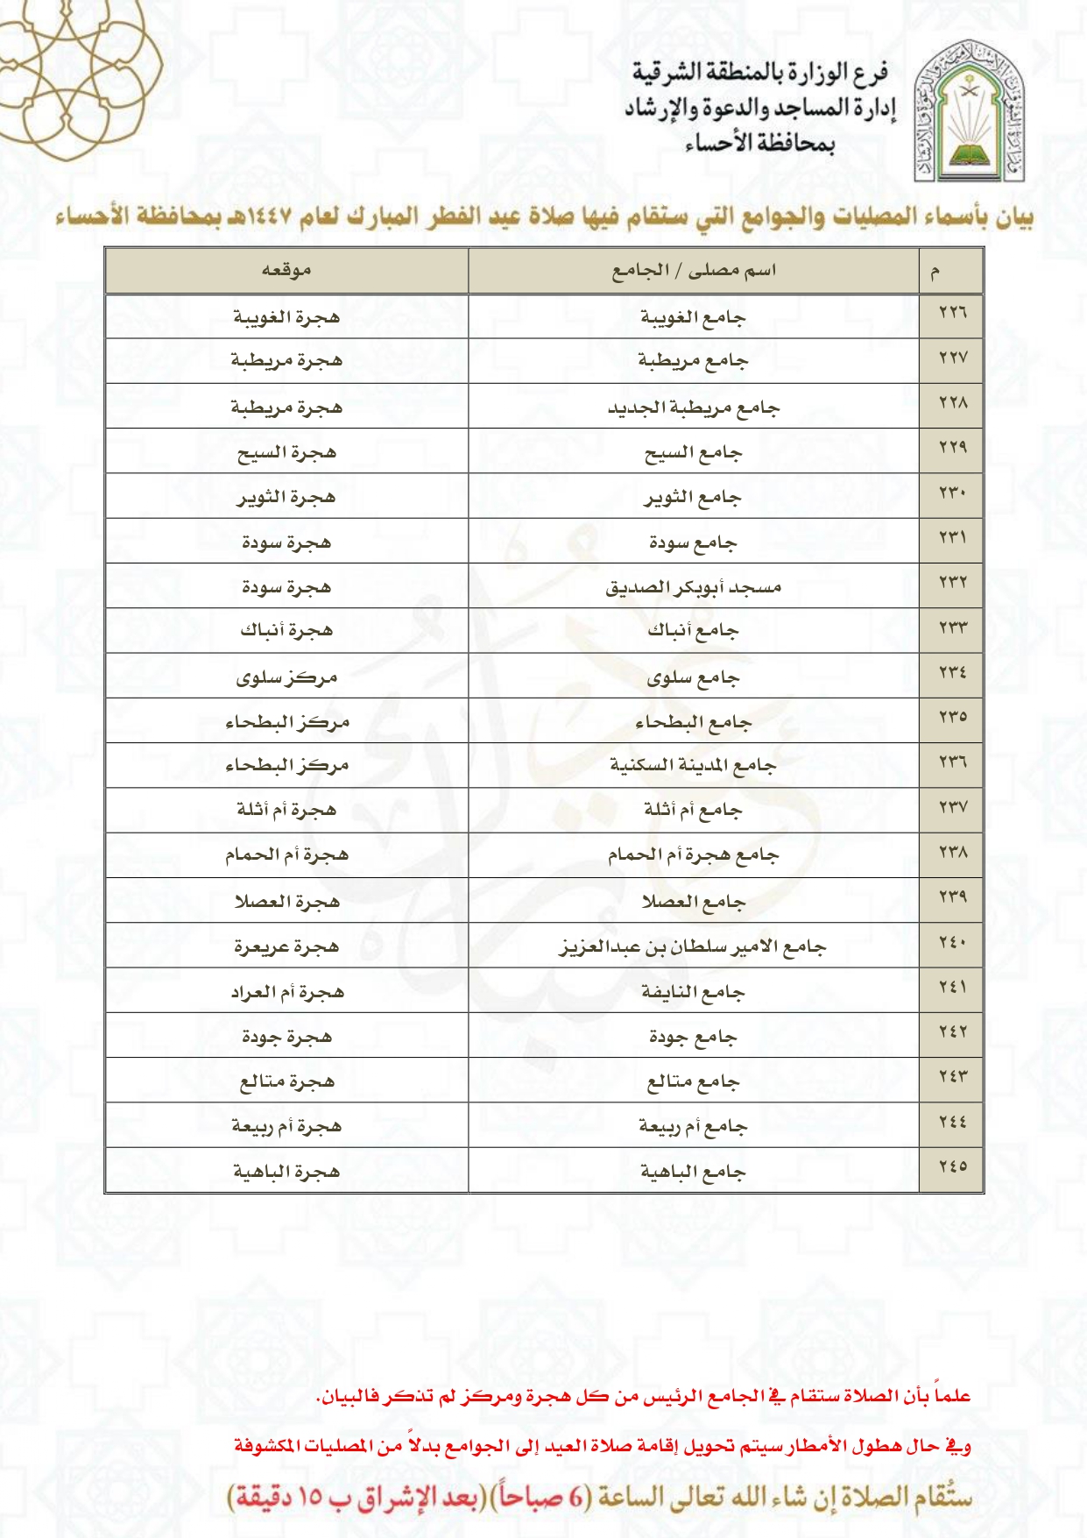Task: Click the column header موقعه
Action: click(286, 271)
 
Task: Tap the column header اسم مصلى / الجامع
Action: click(693, 271)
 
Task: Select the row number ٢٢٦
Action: click(952, 313)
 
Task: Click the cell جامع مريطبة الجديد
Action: click(693, 408)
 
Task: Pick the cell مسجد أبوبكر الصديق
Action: click(693, 587)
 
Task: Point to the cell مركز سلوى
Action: click(286, 677)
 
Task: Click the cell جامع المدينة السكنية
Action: click(693, 766)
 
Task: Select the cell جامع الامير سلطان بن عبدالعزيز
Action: click(693, 946)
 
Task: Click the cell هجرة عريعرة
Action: click(286, 946)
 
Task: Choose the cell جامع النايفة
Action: click(693, 992)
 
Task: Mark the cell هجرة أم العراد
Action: click(286, 992)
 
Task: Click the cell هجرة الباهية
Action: click(286, 1172)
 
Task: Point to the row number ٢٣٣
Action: click(952, 627)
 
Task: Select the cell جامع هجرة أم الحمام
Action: click(693, 854)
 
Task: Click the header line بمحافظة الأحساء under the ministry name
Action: click(759, 143)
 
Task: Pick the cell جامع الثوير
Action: click(693, 498)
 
